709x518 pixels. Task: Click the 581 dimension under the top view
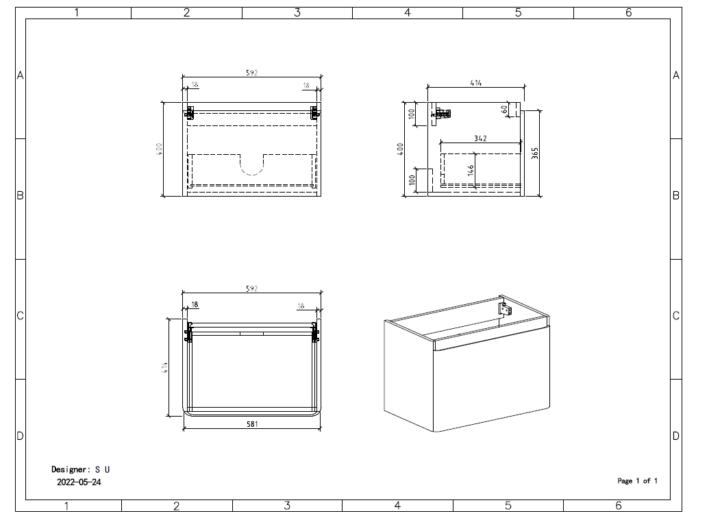tap(253, 425)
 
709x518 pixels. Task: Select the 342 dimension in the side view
tap(480, 138)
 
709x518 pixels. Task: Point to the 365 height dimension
tap(535, 153)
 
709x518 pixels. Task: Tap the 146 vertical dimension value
tap(471, 170)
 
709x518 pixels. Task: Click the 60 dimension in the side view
tap(504, 109)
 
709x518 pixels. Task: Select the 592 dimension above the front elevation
tap(251, 73)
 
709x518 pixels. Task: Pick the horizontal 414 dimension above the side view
tap(475, 83)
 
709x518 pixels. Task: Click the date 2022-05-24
tap(79, 482)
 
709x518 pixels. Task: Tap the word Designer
tap(70, 469)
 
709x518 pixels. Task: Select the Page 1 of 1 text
tap(637, 481)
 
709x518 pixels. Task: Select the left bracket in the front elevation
tap(189, 112)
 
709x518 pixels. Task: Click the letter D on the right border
tap(676, 436)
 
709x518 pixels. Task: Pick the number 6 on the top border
tap(628, 12)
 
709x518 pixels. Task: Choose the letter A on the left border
tap(20, 75)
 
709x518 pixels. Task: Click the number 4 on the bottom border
tap(397, 506)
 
